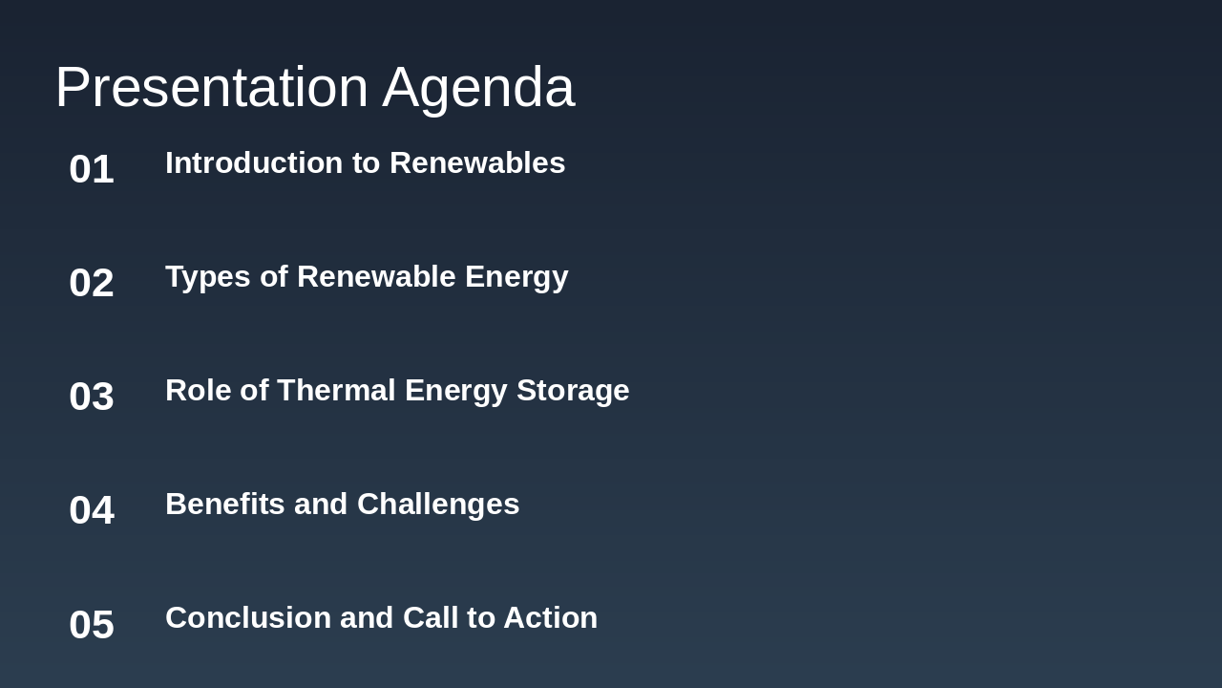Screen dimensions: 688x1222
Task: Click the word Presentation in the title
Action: [211, 87]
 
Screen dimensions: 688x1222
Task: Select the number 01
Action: [92, 169]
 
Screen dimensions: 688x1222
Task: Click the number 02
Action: [92, 283]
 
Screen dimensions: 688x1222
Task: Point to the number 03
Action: [92, 397]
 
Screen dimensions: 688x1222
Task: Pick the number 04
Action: [92, 510]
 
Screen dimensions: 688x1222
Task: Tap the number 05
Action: [92, 625]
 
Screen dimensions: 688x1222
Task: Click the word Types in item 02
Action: [208, 277]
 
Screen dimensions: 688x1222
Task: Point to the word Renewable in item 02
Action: [376, 277]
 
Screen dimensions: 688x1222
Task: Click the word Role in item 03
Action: [198, 391]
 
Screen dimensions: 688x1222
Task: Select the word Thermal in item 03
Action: [336, 391]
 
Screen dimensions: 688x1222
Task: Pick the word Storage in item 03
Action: [573, 391]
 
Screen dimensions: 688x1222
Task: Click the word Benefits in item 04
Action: [225, 505]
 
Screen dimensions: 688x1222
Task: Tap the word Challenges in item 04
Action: [438, 505]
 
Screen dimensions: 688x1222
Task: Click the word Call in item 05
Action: [430, 618]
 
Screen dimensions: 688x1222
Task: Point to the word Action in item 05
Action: [550, 618]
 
